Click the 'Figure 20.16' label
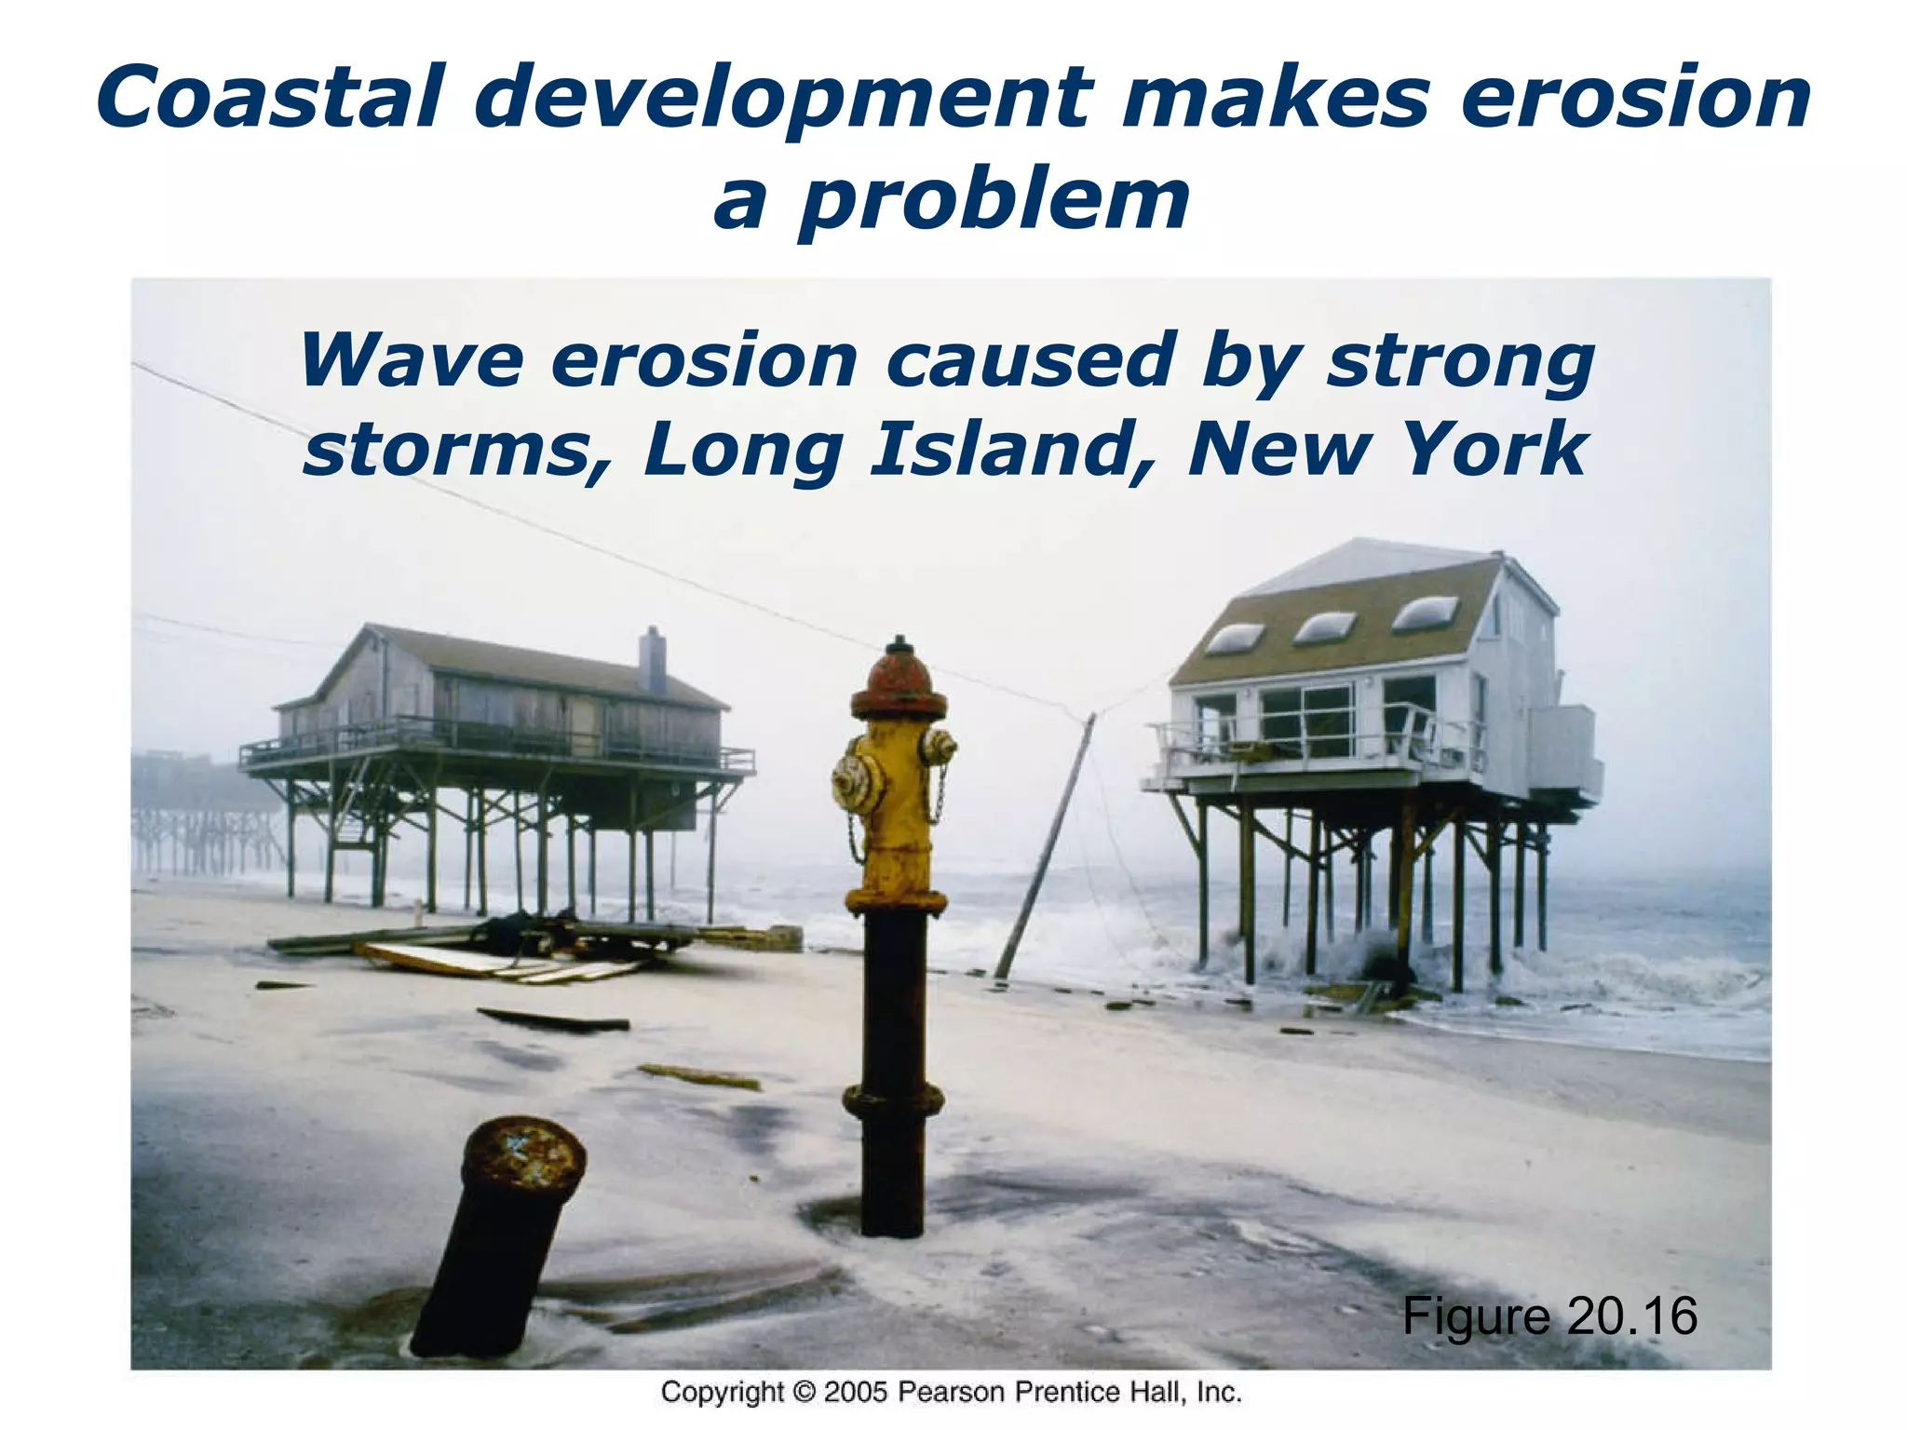click(1549, 1315)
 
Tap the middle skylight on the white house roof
click(1325, 627)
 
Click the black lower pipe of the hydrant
click(892, 1071)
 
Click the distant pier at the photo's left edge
click(200, 819)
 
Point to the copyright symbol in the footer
click(803, 1393)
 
